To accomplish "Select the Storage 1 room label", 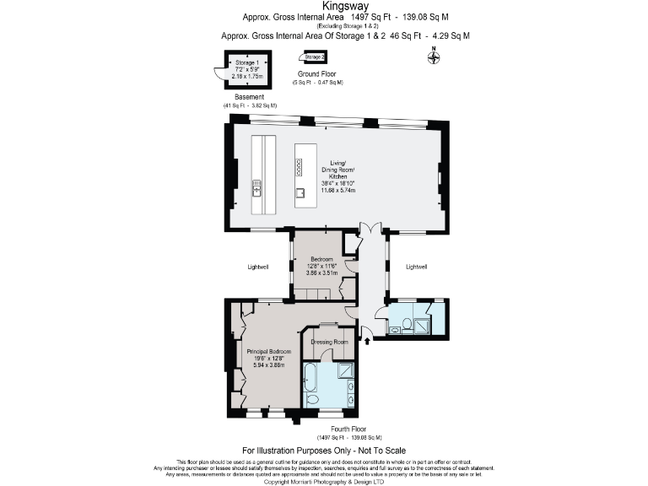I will tap(246, 62).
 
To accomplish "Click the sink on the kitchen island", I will tap(300, 192).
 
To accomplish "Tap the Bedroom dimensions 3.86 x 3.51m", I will tap(323, 273).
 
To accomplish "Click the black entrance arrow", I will tap(368, 340).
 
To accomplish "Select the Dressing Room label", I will tap(329, 342).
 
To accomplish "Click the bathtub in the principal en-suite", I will tap(310, 386).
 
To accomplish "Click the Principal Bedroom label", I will tap(268, 351).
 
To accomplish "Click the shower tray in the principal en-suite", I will tap(347, 370).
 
